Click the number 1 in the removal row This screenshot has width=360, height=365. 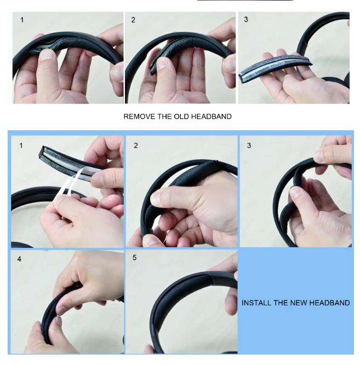click(22, 20)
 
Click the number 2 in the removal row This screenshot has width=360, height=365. click(133, 20)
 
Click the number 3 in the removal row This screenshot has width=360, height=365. click(246, 20)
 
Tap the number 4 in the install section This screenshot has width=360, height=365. click(19, 259)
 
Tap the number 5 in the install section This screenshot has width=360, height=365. click(135, 258)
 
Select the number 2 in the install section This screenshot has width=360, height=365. click(136, 146)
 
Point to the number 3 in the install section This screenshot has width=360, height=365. click(249, 146)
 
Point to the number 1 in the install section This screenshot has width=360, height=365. click(21, 146)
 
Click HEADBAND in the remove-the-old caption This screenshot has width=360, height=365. click(212, 117)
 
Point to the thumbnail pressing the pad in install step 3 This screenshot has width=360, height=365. click(295, 193)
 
